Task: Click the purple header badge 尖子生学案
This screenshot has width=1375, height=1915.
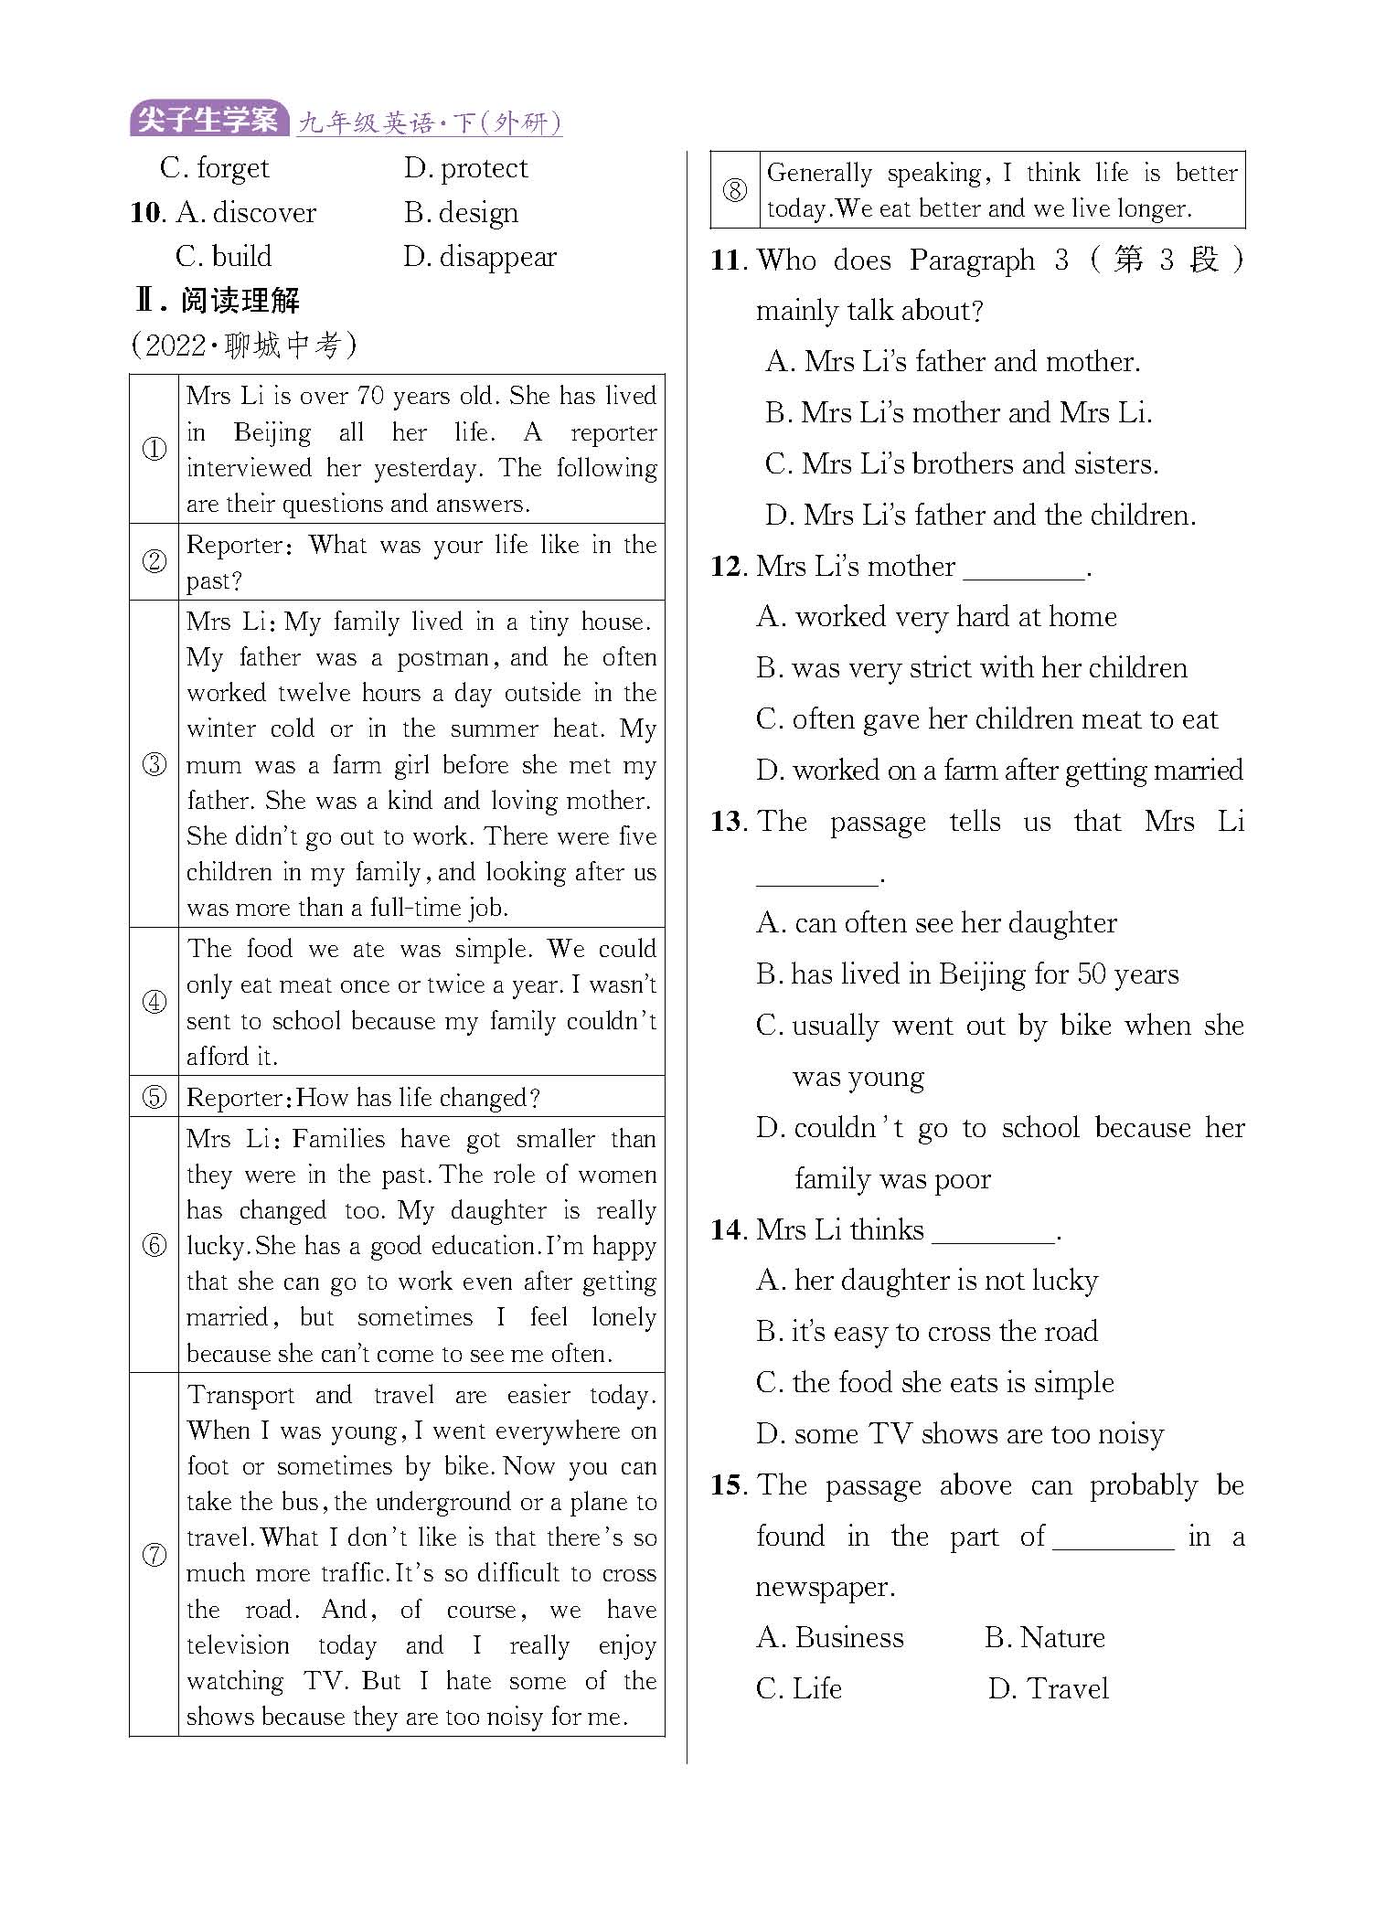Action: click(208, 120)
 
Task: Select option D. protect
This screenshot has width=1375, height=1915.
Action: click(465, 168)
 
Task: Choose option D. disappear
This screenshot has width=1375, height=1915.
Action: click(479, 257)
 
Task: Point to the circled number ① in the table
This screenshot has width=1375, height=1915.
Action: click(154, 449)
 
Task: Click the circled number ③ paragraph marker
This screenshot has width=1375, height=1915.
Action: click(154, 764)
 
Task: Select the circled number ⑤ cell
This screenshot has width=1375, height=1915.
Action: click(154, 1097)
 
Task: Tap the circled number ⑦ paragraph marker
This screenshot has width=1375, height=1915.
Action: click(154, 1555)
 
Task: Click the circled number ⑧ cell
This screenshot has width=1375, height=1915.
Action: click(734, 190)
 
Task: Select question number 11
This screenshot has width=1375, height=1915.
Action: click(729, 261)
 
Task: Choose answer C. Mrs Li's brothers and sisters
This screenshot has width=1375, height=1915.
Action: click(961, 464)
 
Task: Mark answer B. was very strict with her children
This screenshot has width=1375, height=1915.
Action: click(971, 668)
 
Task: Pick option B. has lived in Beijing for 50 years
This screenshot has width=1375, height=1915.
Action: click(967, 974)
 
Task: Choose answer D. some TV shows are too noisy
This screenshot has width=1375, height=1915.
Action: click(960, 1434)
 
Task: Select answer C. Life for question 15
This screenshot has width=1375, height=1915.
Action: click(798, 1688)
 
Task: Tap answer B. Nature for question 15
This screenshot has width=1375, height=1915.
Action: click(1044, 1637)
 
